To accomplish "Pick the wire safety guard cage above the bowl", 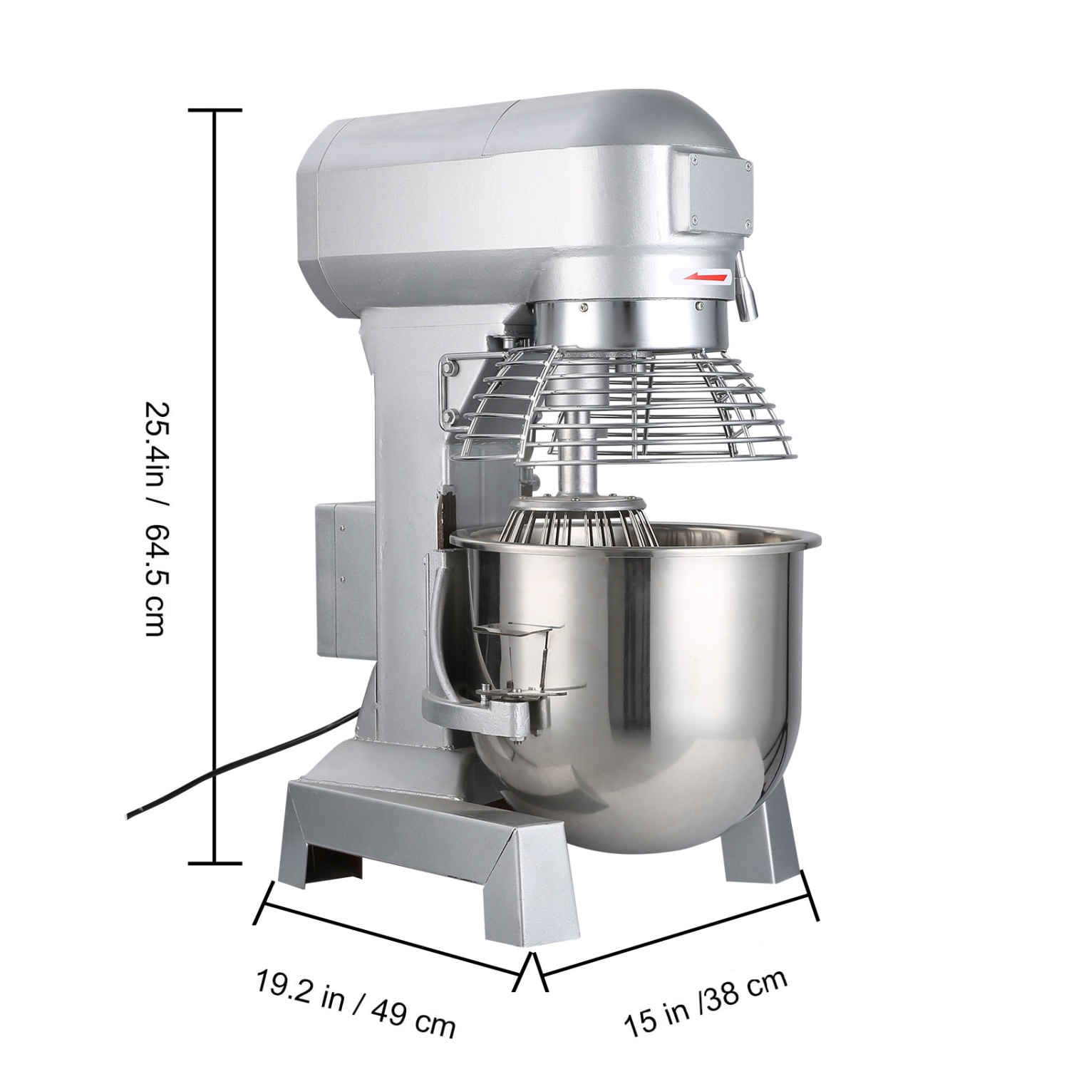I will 641,413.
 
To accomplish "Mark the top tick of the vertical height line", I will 215,110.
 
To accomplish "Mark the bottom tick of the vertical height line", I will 215,863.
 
